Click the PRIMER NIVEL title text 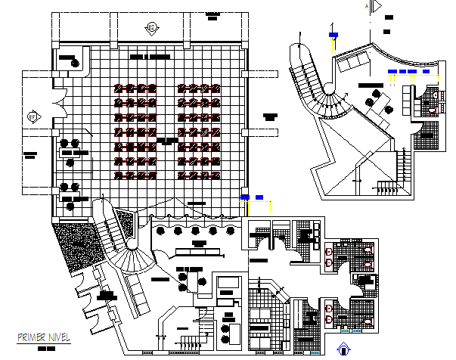[x=39, y=337]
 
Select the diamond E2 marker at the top [x=151, y=27]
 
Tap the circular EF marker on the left [x=32, y=116]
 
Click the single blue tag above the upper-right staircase [x=333, y=33]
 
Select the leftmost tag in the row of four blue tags [x=392, y=73]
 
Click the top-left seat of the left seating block [x=119, y=88]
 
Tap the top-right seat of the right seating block [x=216, y=88]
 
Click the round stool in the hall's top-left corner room [x=74, y=64]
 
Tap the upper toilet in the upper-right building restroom [x=431, y=95]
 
